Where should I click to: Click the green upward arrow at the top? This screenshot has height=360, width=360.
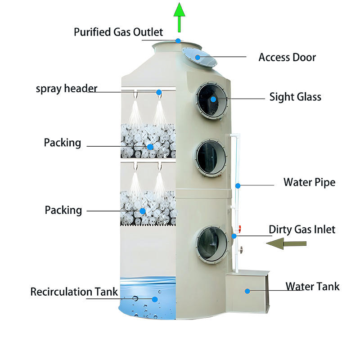coord(180,17)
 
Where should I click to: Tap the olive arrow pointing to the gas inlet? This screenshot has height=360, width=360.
coord(286,244)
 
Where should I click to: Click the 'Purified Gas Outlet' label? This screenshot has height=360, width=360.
coord(118,32)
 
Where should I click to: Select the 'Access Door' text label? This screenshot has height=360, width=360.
coord(287,58)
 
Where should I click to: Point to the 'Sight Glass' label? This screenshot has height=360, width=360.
coord(295,97)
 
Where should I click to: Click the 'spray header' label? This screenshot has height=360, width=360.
coord(66,88)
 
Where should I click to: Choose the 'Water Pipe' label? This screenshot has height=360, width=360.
coord(309,182)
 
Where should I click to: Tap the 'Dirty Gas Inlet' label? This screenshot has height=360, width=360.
coord(302,229)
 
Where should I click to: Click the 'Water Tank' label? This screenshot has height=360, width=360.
coord(313,287)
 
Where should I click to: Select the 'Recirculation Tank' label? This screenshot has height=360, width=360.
coord(74,292)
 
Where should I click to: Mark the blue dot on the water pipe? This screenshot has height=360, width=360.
coord(238,185)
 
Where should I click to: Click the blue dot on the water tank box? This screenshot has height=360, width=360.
coord(247,291)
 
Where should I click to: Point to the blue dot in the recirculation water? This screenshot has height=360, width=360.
coord(155,299)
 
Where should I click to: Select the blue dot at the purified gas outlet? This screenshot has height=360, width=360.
coord(178,41)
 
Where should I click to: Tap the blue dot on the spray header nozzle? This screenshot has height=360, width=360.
coord(159,92)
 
